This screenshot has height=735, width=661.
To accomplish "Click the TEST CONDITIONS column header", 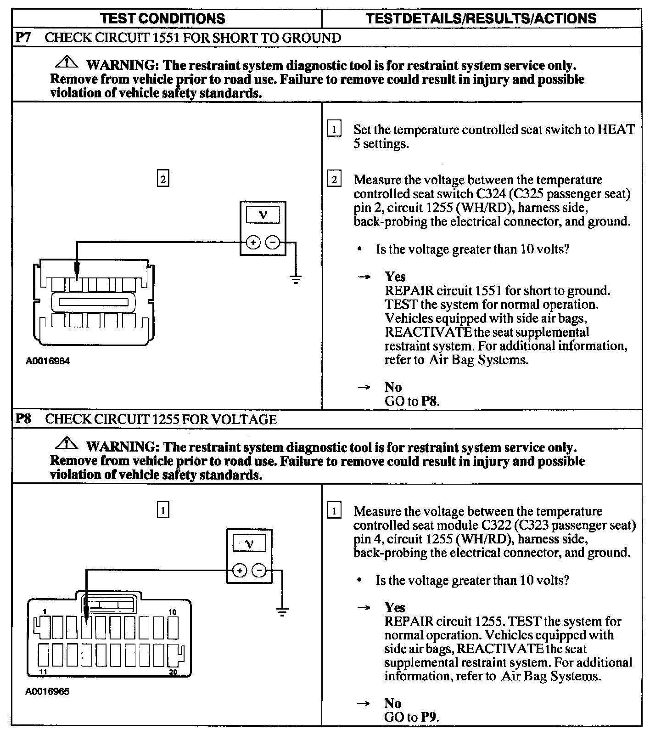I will pyautogui.click(x=162, y=18).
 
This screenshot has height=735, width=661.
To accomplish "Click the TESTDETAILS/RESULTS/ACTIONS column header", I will pyautogui.click(x=482, y=18).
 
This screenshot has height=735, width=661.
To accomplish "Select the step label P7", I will pyautogui.click(x=23, y=37).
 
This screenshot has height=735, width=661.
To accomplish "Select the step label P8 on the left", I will pyautogui.click(x=23, y=419).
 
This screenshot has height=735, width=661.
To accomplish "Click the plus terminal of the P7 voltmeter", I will pyautogui.click(x=253, y=242).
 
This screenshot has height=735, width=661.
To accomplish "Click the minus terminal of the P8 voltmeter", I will pyautogui.click(x=259, y=571).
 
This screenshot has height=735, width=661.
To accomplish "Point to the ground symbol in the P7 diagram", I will pyautogui.click(x=296, y=278).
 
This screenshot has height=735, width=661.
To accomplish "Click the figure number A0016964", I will pyautogui.click(x=48, y=361).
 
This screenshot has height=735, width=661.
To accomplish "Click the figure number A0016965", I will pyautogui.click(x=48, y=691).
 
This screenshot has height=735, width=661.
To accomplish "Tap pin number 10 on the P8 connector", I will pyautogui.click(x=173, y=612).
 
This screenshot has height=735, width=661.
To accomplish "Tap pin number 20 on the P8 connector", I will pyautogui.click(x=173, y=672).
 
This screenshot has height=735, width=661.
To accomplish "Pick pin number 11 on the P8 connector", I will pyautogui.click(x=43, y=672).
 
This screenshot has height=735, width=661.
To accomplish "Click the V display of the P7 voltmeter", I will pyautogui.click(x=263, y=215).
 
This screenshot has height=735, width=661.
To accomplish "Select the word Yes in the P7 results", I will pyautogui.click(x=395, y=277).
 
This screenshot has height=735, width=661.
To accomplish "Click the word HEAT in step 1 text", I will pyautogui.click(x=616, y=130).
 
